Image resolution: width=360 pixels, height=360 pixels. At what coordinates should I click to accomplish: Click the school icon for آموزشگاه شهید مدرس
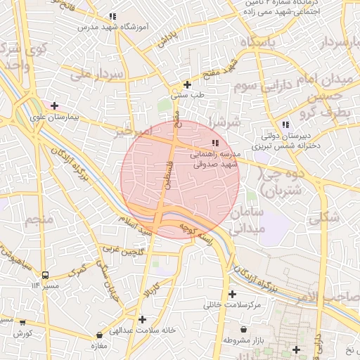(x=112, y=16)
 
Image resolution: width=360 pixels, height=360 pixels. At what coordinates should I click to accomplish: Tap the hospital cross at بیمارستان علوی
(x=54, y=105)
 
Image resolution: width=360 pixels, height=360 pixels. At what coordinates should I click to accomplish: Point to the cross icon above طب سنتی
(x=187, y=84)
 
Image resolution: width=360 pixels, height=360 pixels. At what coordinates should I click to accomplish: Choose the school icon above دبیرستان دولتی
(x=285, y=124)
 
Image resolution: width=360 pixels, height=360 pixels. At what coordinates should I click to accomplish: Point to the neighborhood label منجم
(x=39, y=220)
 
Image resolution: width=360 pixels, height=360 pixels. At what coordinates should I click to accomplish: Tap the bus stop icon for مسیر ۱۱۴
(x=46, y=275)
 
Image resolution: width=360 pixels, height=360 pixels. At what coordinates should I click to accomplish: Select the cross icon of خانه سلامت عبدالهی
(x=143, y=319)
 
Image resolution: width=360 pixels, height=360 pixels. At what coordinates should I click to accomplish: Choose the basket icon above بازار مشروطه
(x=243, y=329)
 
